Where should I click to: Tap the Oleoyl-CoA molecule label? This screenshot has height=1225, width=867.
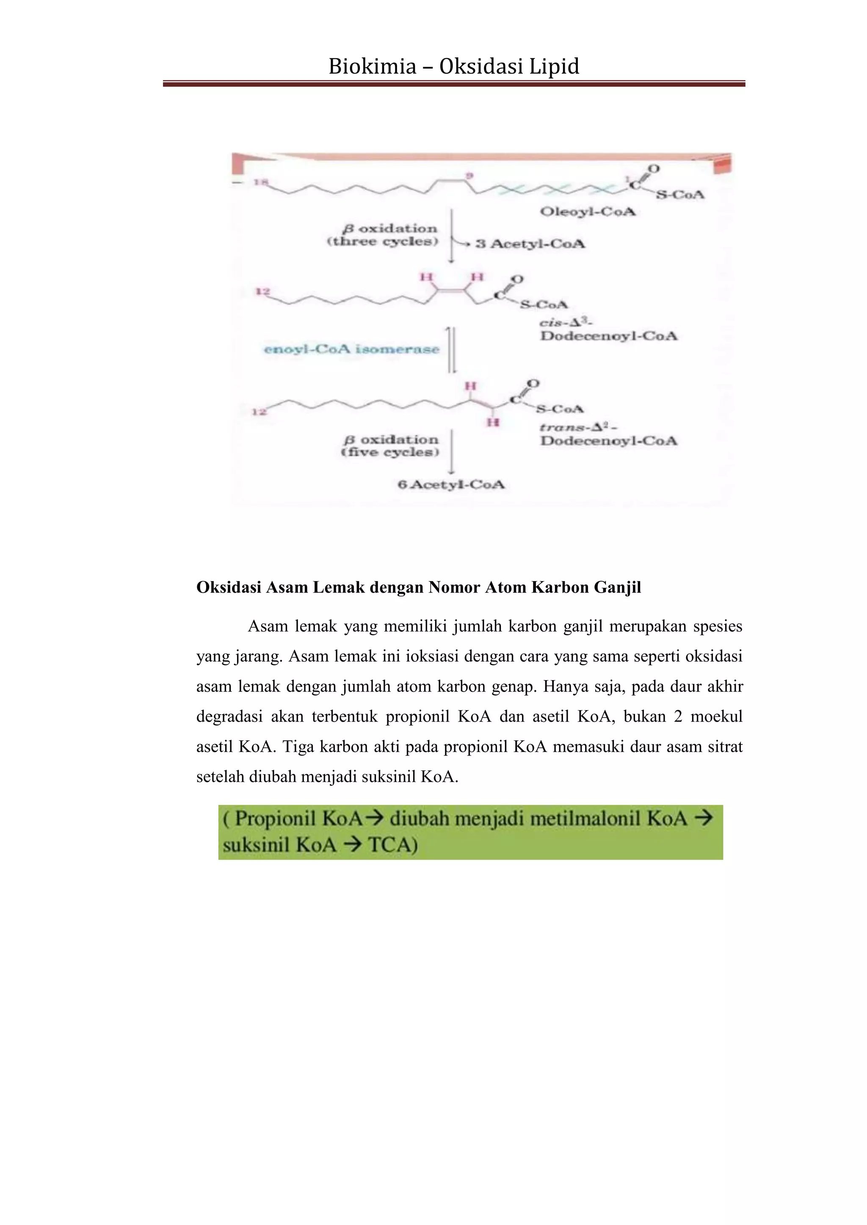click(x=587, y=212)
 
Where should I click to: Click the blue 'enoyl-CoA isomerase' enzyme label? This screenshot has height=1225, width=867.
click(x=352, y=349)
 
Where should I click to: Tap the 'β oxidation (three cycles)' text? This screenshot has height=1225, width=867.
click(x=382, y=235)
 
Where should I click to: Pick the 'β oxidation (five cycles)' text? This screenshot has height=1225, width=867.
click(x=390, y=445)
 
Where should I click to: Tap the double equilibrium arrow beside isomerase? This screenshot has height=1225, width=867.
click(x=452, y=349)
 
